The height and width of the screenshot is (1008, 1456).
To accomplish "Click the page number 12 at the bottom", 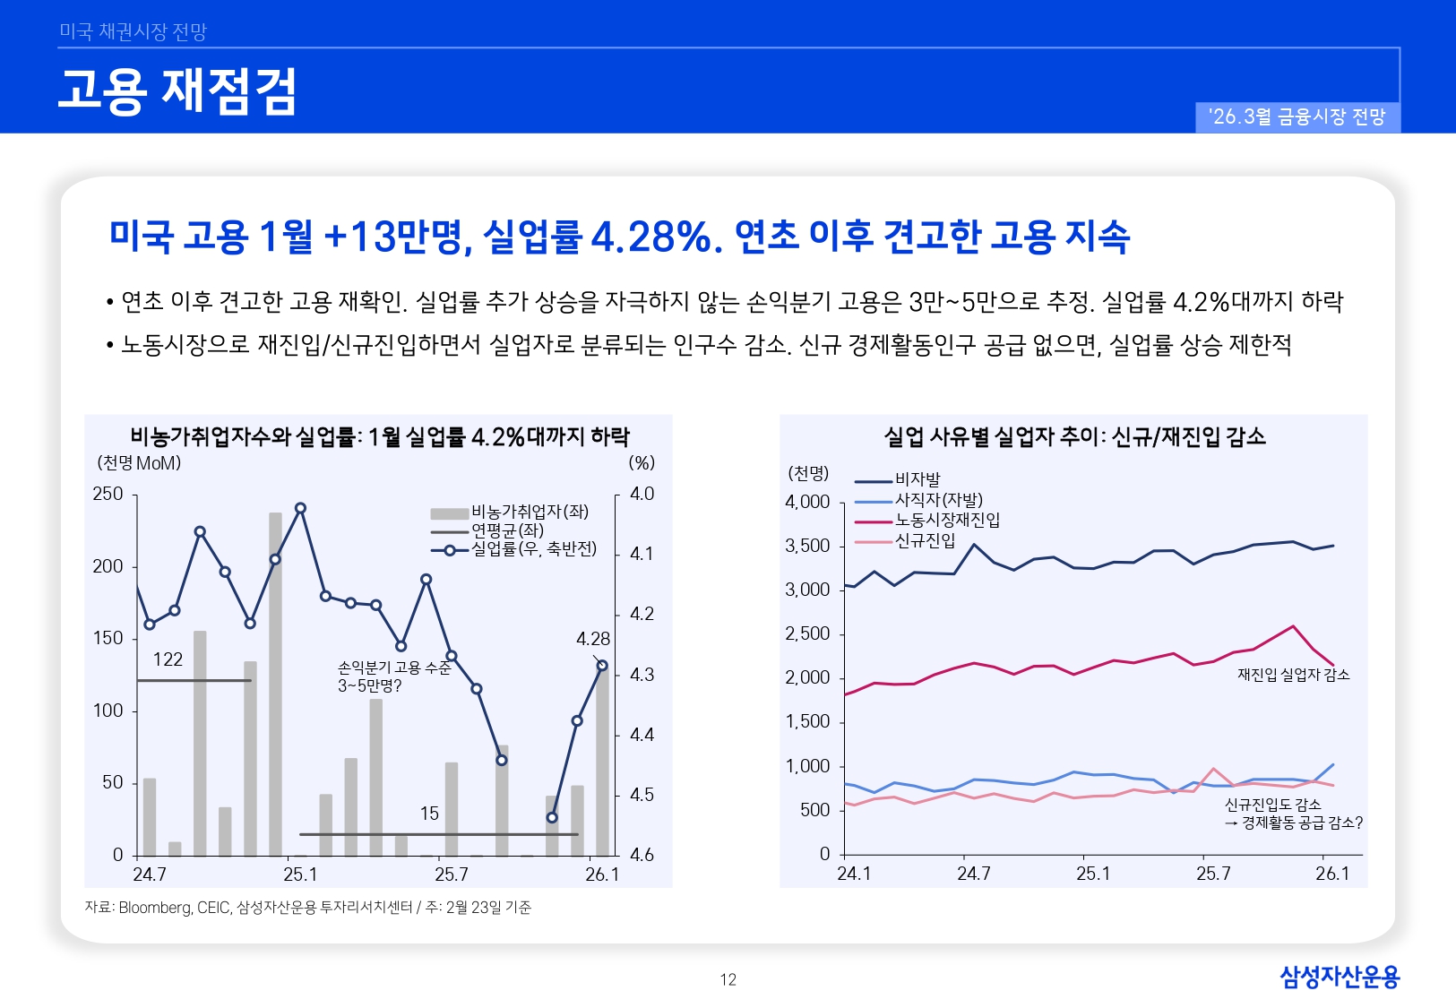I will [728, 979].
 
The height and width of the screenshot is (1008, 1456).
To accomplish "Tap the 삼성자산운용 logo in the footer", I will [1339, 977].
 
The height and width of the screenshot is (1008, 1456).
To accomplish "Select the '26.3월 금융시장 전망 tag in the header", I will [1297, 117].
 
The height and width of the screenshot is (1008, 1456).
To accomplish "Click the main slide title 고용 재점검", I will [177, 91].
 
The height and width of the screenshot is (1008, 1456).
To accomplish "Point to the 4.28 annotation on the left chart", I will [592, 639].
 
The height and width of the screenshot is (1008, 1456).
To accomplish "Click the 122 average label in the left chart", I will [168, 659].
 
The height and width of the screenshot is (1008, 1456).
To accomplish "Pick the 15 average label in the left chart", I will [429, 814].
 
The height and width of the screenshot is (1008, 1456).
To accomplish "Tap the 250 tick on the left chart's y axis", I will [108, 494].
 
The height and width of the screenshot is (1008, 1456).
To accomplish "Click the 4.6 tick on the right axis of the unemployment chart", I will [642, 855].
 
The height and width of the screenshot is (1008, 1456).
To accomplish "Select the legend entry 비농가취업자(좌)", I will [529, 512].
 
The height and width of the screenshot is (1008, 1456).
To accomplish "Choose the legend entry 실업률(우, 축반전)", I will [533, 549].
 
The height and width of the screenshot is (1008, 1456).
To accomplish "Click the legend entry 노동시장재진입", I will [947, 520].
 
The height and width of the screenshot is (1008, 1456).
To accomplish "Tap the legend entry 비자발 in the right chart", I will [918, 479].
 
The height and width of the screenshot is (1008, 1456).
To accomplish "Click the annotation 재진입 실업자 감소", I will [1293, 675].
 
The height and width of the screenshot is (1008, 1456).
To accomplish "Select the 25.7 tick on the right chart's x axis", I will [1213, 874].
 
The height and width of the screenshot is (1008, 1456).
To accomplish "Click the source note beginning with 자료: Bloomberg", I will [307, 908].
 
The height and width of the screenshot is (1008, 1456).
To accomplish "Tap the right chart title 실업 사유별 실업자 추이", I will [1073, 436].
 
